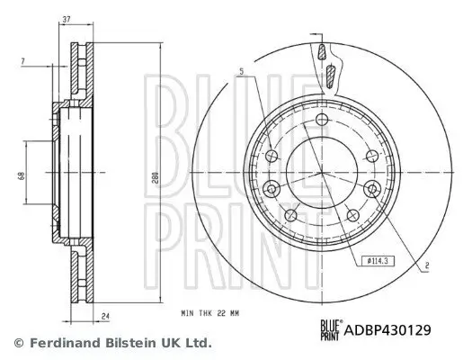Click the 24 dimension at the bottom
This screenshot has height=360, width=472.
pyautogui.click(x=105, y=315)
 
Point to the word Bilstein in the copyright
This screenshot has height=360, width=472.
pyautogui.click(x=136, y=343)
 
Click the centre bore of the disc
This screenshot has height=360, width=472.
pyautogui.click(x=322, y=175)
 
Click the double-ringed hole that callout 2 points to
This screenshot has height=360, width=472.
pyautogui.click(x=371, y=188)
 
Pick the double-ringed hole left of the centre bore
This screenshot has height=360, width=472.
pyautogui.click(x=272, y=188)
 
